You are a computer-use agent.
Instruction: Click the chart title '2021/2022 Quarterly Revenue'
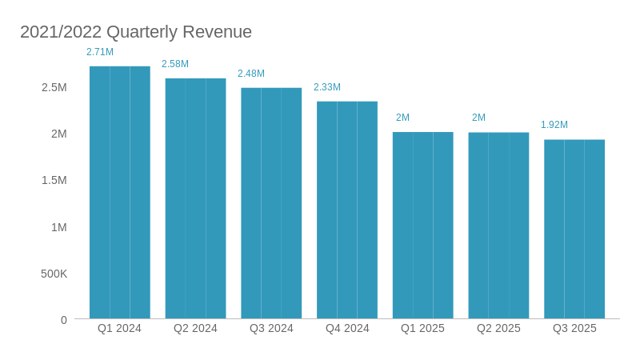pos(136,32)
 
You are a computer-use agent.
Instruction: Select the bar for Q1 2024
pos(119,192)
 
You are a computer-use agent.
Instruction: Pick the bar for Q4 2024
pos(347,210)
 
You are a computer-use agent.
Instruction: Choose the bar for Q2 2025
pos(498,226)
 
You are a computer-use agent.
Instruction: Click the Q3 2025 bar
pos(574,229)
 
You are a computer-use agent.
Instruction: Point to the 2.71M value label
pos(100,52)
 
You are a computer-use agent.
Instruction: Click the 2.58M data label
pos(175,64)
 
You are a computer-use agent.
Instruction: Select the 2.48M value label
pos(251,74)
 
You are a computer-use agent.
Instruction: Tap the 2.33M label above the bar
pos(327,87)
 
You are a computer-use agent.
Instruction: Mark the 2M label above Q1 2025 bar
pos(402,118)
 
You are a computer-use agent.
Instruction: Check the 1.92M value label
pos(554,125)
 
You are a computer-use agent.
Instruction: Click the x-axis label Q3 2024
pos(271,328)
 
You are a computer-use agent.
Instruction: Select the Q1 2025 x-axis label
pos(422,328)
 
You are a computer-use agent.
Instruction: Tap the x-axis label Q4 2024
pos(347,328)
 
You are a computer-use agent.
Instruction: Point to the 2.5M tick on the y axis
pos(54,87)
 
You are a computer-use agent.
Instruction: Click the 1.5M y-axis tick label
pos(54,180)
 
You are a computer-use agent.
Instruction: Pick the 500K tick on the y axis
pos(54,274)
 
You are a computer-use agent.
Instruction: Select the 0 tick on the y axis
pos(64,320)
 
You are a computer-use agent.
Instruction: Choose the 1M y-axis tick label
pos(59,227)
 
